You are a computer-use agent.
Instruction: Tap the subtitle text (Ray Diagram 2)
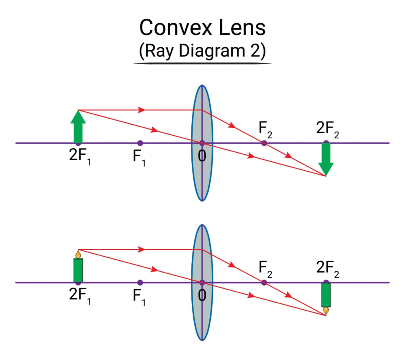click(202, 51)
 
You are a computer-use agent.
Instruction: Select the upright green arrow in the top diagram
click(78, 127)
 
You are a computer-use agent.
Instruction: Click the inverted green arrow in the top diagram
click(326, 159)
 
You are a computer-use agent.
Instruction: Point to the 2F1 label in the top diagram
click(80, 157)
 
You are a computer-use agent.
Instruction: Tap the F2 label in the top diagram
click(265, 130)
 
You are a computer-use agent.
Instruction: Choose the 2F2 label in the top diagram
click(327, 130)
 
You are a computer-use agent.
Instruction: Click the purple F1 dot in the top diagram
click(140, 143)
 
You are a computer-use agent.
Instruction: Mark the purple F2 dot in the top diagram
click(264, 143)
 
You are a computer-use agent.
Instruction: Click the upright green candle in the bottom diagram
click(78, 266)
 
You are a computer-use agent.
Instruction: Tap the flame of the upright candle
click(78, 254)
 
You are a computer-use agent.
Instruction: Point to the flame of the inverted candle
click(326, 311)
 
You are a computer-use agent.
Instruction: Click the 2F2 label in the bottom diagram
click(327, 269)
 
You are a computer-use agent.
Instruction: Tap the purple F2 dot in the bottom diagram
click(264, 282)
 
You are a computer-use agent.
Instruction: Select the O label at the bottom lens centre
click(202, 296)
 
